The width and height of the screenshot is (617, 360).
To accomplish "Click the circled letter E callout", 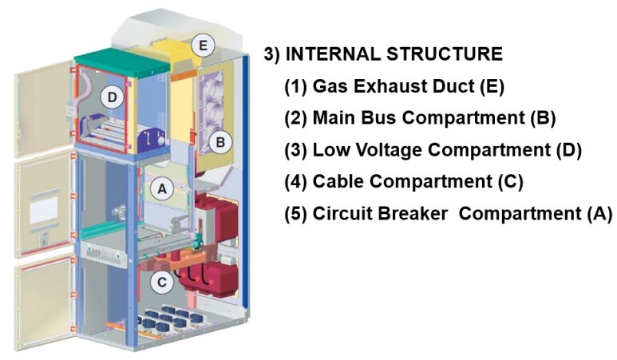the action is click(x=204, y=45).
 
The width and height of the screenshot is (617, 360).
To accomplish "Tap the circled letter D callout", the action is click(x=113, y=98).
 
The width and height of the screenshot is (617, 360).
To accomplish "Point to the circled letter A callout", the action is click(x=162, y=189).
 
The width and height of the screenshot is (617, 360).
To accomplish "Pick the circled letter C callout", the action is click(x=162, y=281).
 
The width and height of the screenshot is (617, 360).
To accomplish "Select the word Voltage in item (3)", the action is click(x=379, y=149).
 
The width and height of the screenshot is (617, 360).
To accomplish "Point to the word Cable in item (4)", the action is click(x=337, y=181).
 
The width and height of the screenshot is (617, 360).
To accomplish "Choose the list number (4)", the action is click(x=295, y=181).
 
